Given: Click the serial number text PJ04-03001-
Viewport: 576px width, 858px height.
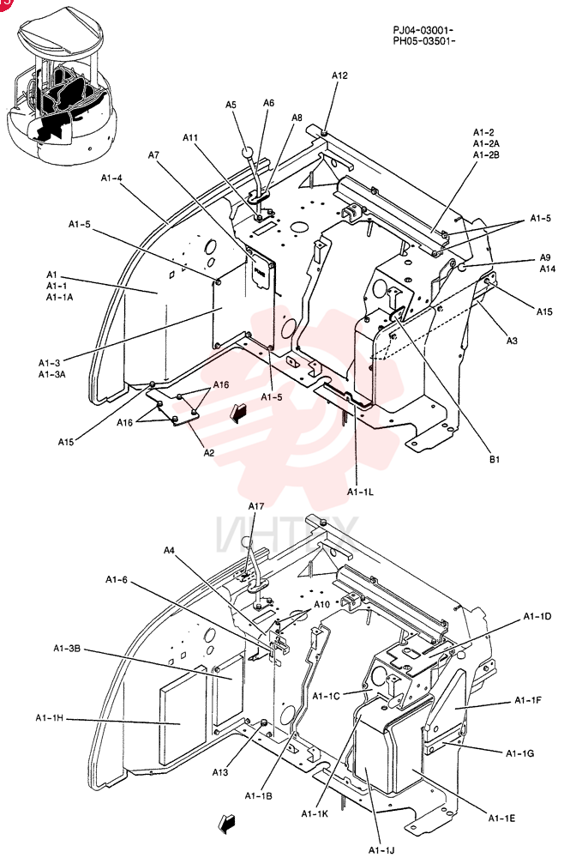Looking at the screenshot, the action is click(423, 29).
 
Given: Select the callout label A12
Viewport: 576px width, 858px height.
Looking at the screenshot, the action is click(339, 76).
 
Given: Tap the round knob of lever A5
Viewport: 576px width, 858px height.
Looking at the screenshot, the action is click(248, 152).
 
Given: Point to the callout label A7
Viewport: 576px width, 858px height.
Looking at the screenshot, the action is click(153, 154).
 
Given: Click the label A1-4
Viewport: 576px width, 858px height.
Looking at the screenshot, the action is click(111, 178).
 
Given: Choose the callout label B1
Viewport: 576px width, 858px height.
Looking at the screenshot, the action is click(494, 460).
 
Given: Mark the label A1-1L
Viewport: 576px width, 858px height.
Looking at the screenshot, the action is click(360, 492).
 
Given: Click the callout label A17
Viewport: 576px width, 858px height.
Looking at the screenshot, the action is click(256, 506).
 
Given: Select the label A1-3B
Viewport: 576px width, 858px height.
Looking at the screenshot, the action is click(67, 649).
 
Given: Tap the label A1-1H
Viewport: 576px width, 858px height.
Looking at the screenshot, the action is click(50, 718).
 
